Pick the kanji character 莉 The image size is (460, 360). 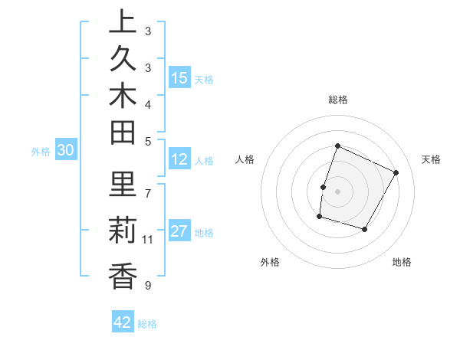click(123, 230)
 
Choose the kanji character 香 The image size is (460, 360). click(123, 275)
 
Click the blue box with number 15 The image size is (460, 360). click(179, 78)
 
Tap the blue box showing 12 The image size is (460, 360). click(179, 160)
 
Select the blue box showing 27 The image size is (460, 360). click(179, 231)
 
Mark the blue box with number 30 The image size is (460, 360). click(66, 151)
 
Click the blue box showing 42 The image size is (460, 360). click(123, 322)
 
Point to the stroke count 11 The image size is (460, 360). click(148, 240)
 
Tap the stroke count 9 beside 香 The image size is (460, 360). click(148, 286)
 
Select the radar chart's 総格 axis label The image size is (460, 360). click(337, 100)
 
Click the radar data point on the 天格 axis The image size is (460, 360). click(396, 172)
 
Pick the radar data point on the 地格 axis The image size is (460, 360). click(365, 230)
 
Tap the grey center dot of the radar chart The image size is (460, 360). click(337, 191)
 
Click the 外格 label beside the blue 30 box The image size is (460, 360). click(41, 152)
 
